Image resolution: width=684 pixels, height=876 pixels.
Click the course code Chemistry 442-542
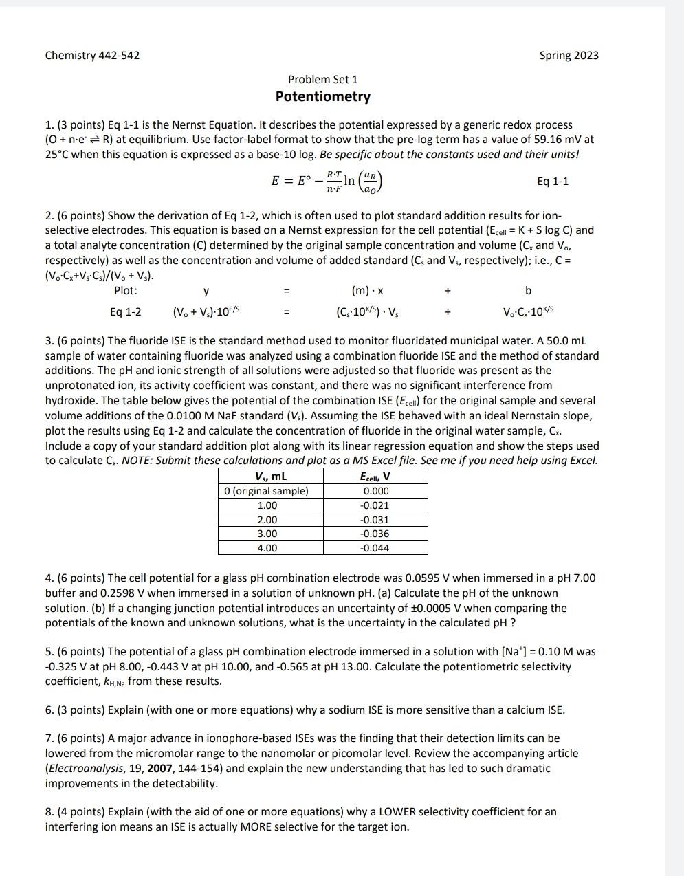(x=92, y=55)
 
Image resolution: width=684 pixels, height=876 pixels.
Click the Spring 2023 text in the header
(x=569, y=55)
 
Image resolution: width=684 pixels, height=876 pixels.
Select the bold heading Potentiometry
(x=322, y=97)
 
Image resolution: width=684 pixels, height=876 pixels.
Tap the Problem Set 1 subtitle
(x=322, y=80)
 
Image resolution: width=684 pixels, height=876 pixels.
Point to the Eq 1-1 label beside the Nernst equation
(x=552, y=181)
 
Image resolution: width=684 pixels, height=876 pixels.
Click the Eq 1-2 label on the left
(x=126, y=311)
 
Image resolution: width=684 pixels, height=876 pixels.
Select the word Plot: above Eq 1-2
(x=125, y=291)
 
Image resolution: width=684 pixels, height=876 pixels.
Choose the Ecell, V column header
(x=375, y=476)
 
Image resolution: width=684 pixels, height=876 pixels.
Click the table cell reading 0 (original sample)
(x=267, y=491)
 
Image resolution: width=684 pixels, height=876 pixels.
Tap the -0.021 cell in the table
(x=375, y=505)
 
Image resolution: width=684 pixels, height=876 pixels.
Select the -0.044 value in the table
(x=375, y=548)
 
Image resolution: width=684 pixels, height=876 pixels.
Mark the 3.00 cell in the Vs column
(x=267, y=534)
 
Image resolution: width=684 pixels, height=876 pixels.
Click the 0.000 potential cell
(x=375, y=491)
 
